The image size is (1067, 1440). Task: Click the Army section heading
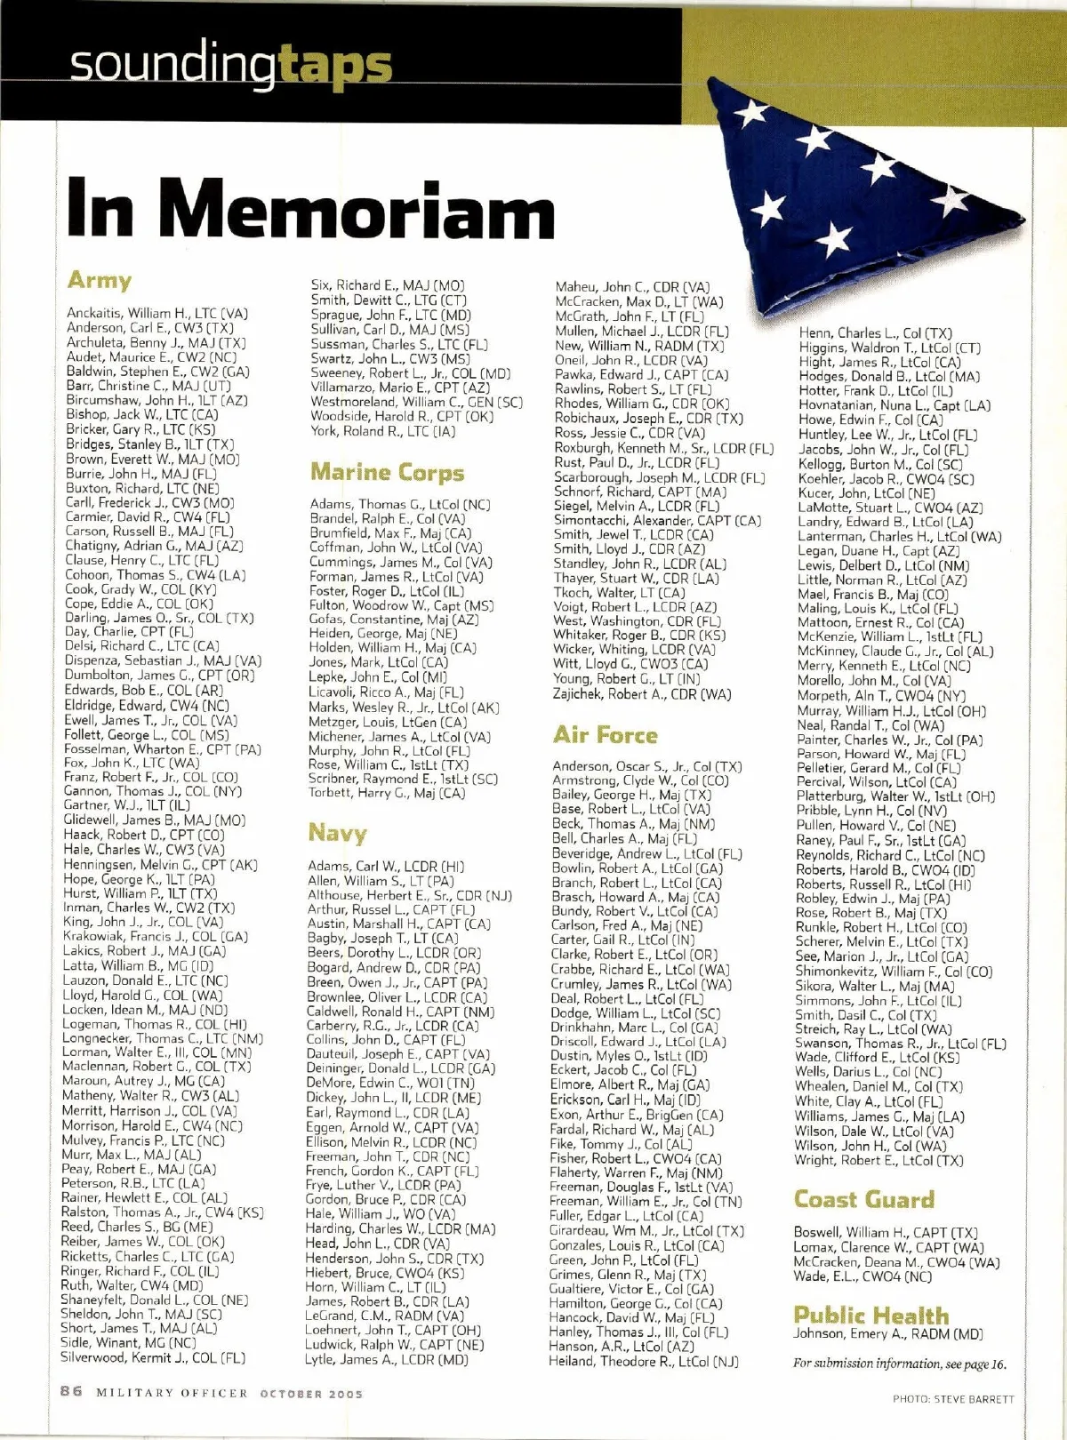pyautogui.click(x=100, y=281)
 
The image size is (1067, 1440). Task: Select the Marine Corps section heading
pyautogui.click(x=387, y=472)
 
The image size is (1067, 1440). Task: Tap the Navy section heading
pyautogui.click(x=337, y=833)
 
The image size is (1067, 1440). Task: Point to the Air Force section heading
pyautogui.click(x=605, y=735)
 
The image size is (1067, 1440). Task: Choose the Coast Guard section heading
pyautogui.click(x=863, y=1200)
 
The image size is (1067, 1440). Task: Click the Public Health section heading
pyautogui.click(x=870, y=1315)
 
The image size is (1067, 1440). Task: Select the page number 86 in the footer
pyautogui.click(x=71, y=1391)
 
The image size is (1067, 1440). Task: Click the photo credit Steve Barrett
pyautogui.click(x=952, y=1399)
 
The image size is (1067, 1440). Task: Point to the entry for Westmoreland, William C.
pyautogui.click(x=416, y=402)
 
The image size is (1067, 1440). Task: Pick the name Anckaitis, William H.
pyautogui.click(x=156, y=313)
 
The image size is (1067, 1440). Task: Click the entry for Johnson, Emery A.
pyautogui.click(x=887, y=1333)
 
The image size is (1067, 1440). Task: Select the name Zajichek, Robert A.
pyautogui.click(x=641, y=693)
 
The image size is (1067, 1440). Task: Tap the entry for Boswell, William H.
pyautogui.click(x=885, y=1233)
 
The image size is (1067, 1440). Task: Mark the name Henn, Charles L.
pyautogui.click(x=875, y=332)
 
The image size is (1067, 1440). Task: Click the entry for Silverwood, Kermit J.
pyautogui.click(x=152, y=1357)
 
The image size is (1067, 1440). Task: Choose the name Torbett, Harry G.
pyautogui.click(x=386, y=793)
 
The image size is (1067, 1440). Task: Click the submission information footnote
pyautogui.click(x=899, y=1364)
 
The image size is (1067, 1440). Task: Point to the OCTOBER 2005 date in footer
pyautogui.click(x=311, y=1394)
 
